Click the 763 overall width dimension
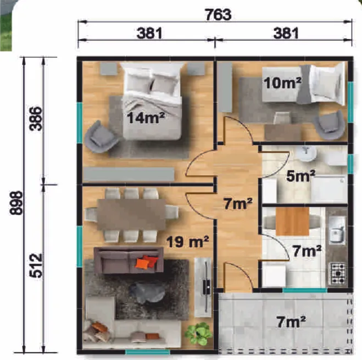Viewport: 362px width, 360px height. (218, 14)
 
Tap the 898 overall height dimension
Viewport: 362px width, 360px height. (16, 203)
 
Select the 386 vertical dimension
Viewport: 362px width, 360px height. (36, 119)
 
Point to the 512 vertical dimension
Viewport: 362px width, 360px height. (36, 265)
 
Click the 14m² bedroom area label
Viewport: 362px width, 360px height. (146, 118)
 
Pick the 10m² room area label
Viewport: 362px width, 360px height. (282, 82)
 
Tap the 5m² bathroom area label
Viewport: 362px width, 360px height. (300, 176)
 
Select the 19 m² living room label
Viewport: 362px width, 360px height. (187, 242)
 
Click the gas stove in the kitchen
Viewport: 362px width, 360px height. (337, 274)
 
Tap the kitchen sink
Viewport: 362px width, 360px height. (337, 230)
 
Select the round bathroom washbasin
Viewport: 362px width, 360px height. (306, 153)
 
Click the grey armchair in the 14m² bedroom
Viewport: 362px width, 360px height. (100, 136)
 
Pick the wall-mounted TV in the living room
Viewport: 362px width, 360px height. (206, 287)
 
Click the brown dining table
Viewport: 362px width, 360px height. (131, 214)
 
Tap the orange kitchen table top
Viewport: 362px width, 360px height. (292, 221)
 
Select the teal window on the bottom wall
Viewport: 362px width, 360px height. (148, 352)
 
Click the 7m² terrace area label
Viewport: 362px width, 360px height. (291, 322)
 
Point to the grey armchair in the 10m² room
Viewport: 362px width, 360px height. (329, 125)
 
